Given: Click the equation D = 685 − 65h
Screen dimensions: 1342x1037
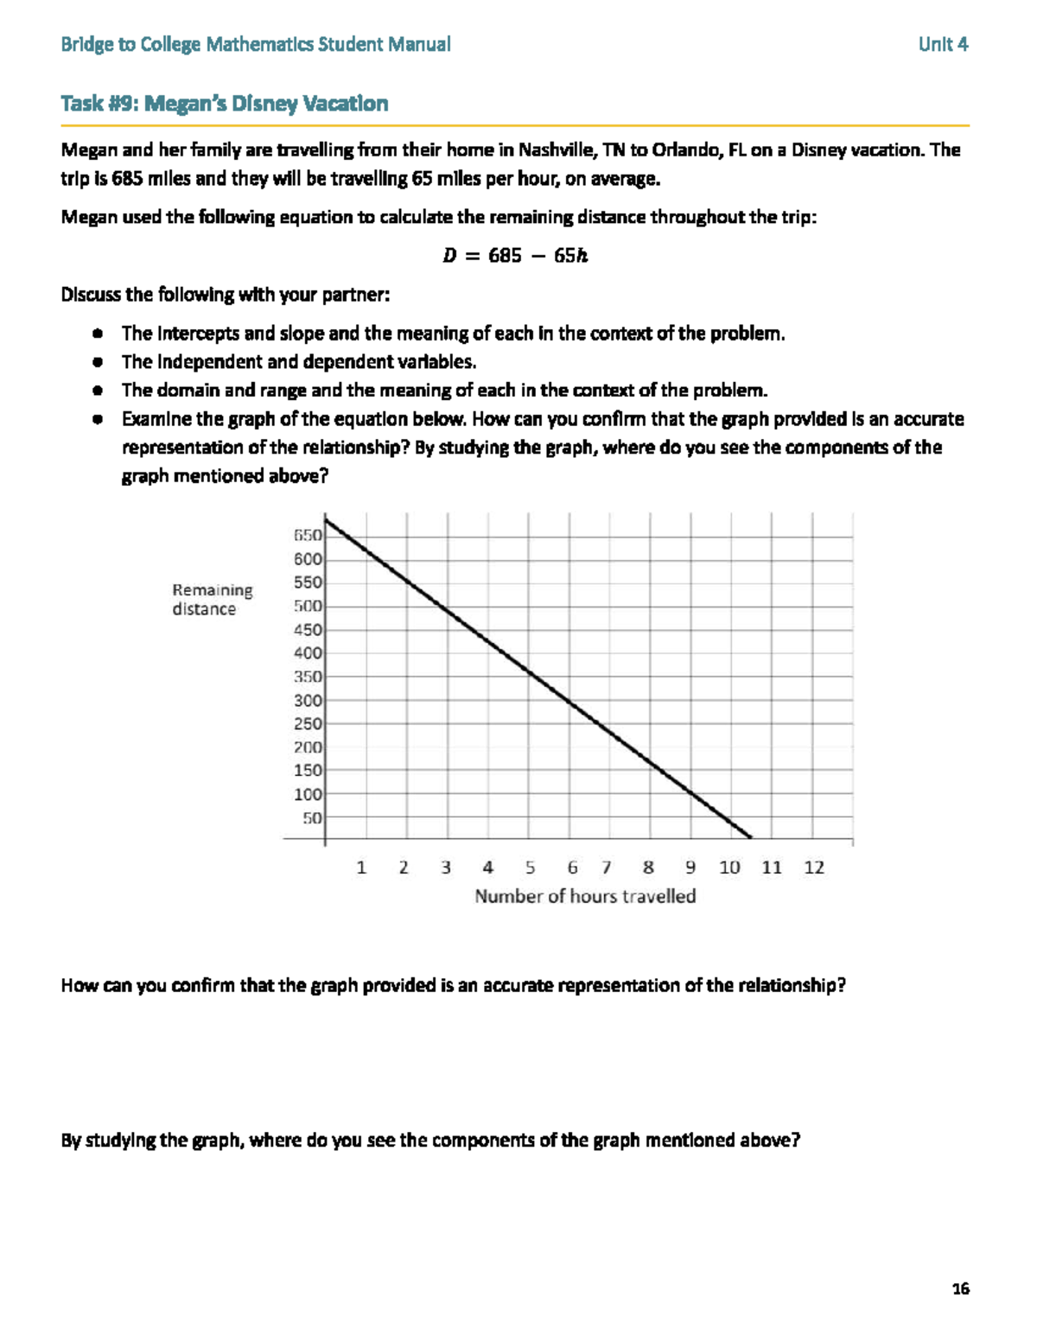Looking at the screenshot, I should [x=515, y=256].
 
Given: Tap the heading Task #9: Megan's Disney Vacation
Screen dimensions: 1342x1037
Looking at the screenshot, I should [x=225, y=104].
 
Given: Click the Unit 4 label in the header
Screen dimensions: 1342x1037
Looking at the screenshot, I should [x=943, y=44].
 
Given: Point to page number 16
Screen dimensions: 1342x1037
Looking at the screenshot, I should [x=960, y=1288].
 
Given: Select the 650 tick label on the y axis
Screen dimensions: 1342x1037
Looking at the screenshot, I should [x=308, y=536].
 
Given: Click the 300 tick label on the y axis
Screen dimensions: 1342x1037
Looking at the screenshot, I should [x=308, y=700].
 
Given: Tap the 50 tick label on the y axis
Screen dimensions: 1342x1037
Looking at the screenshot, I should [x=312, y=817].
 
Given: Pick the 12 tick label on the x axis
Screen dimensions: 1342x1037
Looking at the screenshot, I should [x=814, y=868].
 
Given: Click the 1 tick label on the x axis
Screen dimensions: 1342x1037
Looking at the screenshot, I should [x=361, y=868].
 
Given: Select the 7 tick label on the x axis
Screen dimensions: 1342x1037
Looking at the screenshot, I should [x=607, y=868].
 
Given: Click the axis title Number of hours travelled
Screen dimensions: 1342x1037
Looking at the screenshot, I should [x=585, y=896].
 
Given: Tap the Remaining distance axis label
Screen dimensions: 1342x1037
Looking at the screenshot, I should [x=212, y=599].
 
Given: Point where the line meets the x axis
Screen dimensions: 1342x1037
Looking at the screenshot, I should [x=750, y=837].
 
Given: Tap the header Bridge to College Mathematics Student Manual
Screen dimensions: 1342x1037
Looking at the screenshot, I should [x=256, y=44].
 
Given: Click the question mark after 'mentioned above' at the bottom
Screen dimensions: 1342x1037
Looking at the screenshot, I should [x=796, y=1140].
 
